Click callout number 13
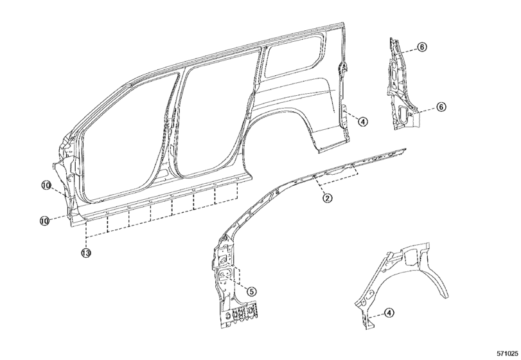86,253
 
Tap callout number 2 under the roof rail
327,199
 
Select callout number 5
252,291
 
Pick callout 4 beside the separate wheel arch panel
389,313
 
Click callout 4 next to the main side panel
363,122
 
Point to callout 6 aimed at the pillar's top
422,47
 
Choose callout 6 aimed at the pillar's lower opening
441,107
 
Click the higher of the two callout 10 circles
46,185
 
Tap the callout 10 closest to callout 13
44,220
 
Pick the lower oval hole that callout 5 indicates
225,273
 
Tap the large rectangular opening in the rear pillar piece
403,113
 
